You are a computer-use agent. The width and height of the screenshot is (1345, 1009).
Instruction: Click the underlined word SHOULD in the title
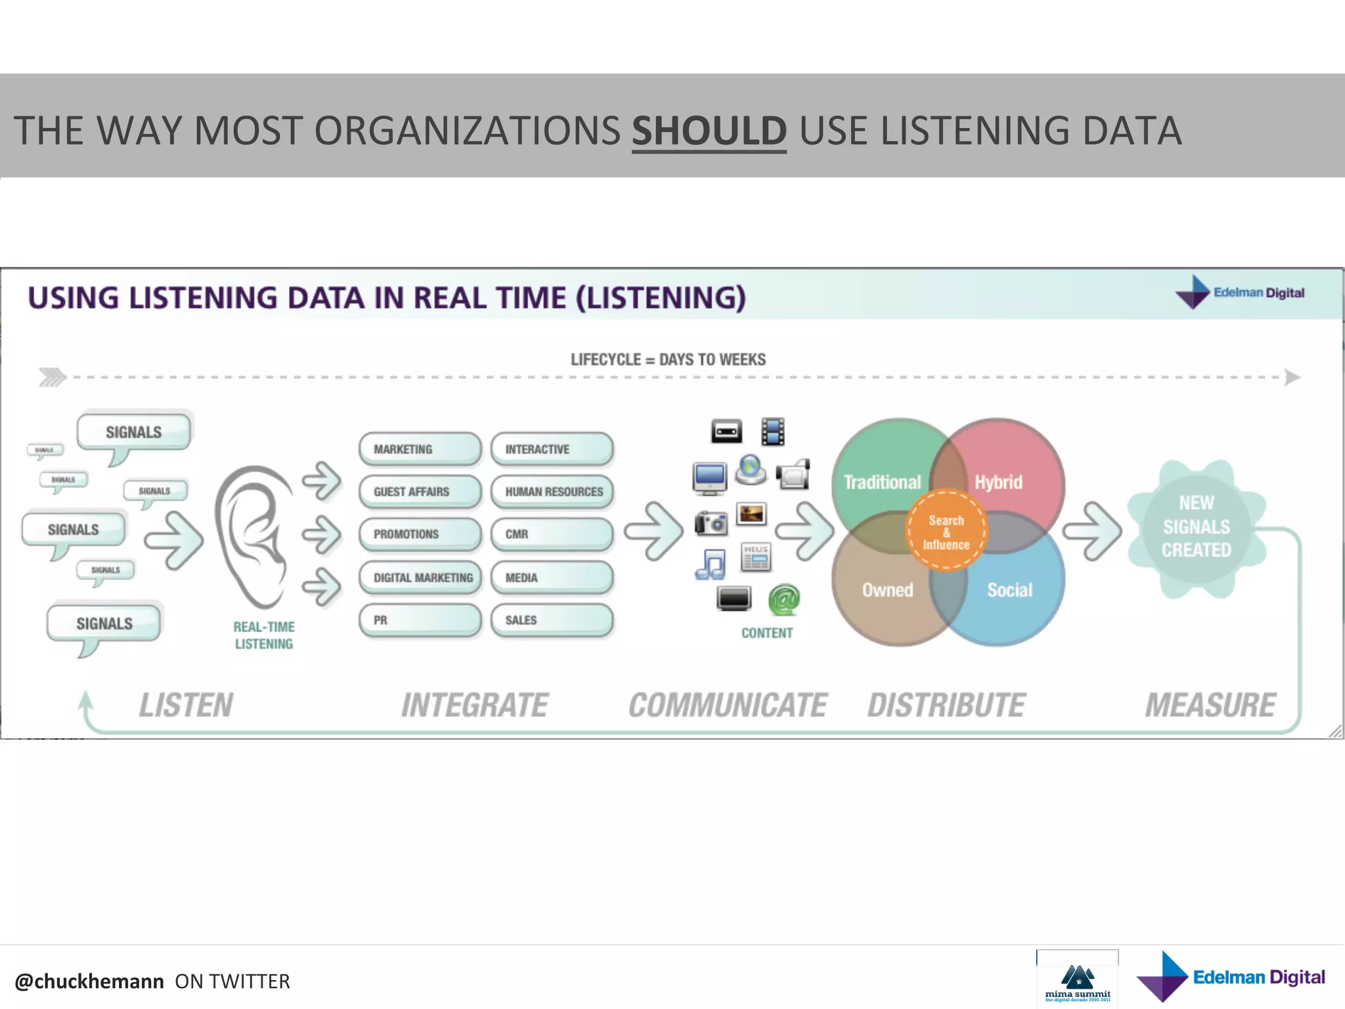[x=709, y=131]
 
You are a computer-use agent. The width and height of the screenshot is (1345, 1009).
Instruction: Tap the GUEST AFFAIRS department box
[x=420, y=492]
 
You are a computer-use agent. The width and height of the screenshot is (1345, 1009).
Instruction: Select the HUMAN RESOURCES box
[x=552, y=492]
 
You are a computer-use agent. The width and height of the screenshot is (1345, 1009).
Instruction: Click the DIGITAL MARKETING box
[x=421, y=578]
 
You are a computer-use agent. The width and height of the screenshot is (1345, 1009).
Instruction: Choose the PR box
[x=420, y=620]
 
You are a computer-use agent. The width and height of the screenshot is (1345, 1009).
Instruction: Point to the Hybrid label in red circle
[x=998, y=482]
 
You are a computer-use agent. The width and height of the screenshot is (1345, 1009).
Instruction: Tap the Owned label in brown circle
[x=887, y=590]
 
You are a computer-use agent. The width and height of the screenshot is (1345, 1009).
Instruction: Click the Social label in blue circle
[x=1009, y=590]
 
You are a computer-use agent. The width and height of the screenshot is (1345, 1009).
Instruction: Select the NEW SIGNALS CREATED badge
[x=1196, y=527]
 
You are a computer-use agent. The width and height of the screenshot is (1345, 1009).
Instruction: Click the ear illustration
[x=255, y=535]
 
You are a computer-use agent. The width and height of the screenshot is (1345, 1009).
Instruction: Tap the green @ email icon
[x=784, y=599]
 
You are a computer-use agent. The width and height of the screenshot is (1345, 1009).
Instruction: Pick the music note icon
[x=711, y=564]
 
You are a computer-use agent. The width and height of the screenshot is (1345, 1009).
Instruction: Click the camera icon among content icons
[x=711, y=523]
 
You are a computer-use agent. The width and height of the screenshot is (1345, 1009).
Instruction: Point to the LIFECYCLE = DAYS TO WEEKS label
[x=668, y=359]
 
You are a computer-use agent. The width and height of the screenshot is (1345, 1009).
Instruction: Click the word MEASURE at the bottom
[x=1210, y=706]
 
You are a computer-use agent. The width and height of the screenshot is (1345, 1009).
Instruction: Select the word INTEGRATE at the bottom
[x=474, y=706]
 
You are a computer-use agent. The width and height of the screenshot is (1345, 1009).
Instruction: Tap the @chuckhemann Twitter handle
[x=89, y=981]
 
